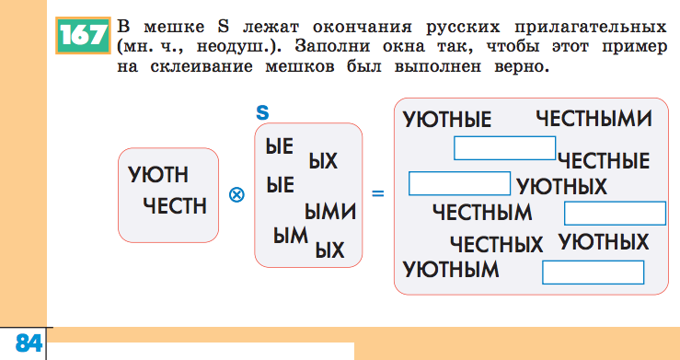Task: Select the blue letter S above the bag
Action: click(x=262, y=112)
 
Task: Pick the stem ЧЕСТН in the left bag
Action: click(x=175, y=204)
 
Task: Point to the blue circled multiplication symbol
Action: click(x=236, y=194)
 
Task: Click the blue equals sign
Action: click(x=376, y=194)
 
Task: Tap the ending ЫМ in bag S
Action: click(x=290, y=235)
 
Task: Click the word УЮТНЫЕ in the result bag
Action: click(x=447, y=120)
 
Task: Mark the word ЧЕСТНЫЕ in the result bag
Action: click(x=603, y=162)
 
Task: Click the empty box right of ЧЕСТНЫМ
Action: click(x=614, y=214)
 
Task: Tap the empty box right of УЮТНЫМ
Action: click(x=593, y=273)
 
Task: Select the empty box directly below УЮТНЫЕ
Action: click(x=504, y=147)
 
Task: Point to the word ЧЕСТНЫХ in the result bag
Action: click(x=497, y=245)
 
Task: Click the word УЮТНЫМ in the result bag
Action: click(x=451, y=271)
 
